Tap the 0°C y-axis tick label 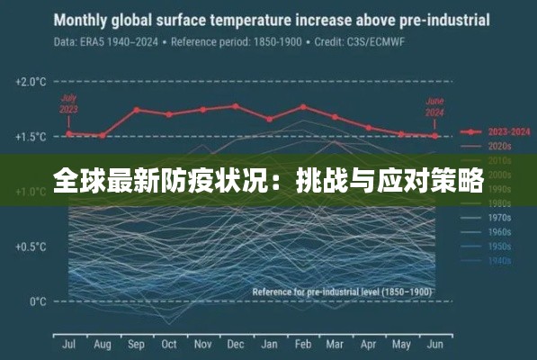pos(37,301)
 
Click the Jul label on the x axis pos(68,344)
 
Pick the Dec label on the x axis pos(236,344)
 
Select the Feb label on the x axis pos(302,344)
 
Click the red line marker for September pos(136,110)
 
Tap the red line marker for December pos(236,106)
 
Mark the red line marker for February pos(303,107)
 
